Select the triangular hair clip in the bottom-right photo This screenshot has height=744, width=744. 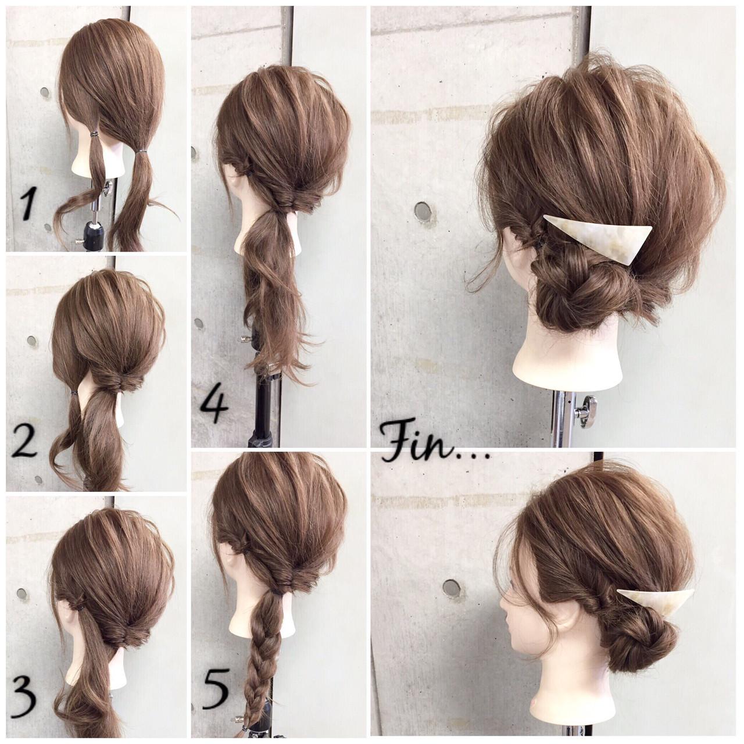(654, 602)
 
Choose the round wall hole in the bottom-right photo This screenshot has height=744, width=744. (451, 588)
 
